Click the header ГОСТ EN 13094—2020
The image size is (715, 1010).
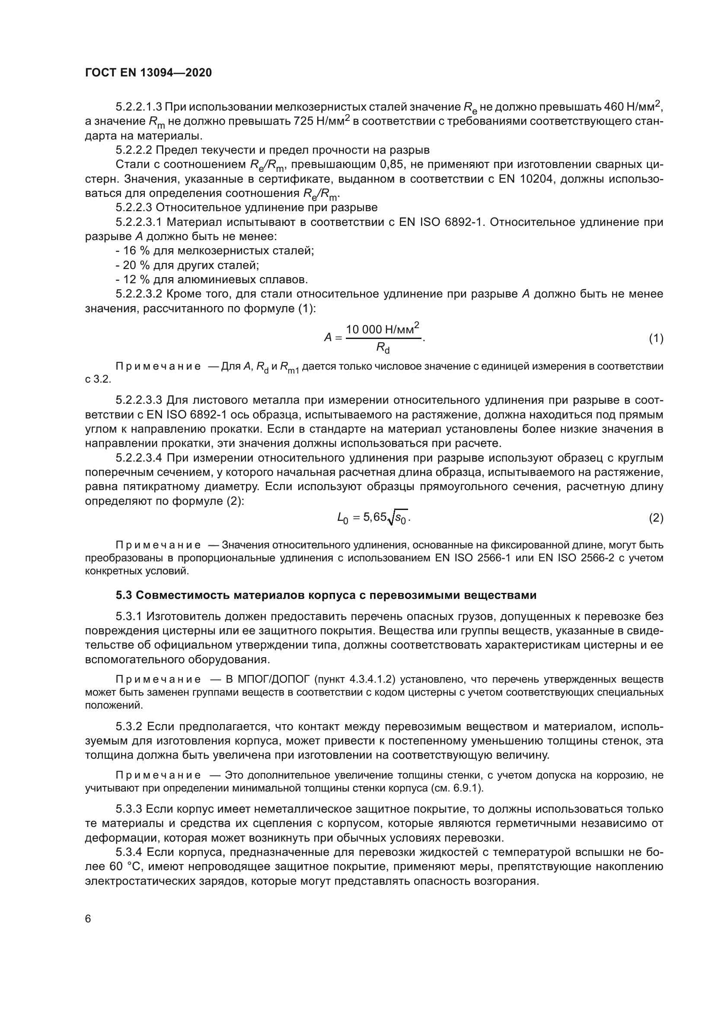[148, 73]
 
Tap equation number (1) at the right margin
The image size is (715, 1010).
[656, 338]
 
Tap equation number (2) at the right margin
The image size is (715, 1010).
[656, 518]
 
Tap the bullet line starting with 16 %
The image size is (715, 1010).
[214, 251]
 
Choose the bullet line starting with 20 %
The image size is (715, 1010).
[187, 265]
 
